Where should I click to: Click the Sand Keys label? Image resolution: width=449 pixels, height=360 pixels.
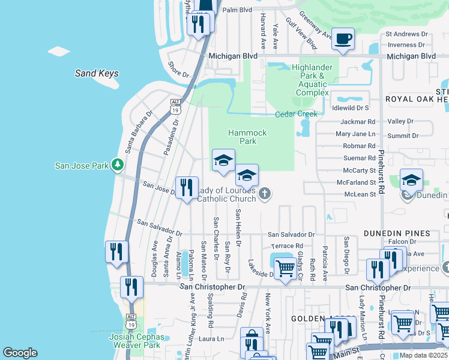[97, 73]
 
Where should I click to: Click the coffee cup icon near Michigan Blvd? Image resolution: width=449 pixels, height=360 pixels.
[343, 40]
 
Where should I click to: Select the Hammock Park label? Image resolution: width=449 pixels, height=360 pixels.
[243, 137]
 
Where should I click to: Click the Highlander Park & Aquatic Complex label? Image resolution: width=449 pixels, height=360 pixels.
[312, 80]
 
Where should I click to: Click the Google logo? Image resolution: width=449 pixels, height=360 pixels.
[20, 353]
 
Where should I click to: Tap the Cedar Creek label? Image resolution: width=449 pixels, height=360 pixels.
[296, 114]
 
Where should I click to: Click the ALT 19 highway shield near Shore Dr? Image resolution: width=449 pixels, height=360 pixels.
[175, 106]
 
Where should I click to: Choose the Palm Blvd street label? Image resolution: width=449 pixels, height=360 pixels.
[237, 10]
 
